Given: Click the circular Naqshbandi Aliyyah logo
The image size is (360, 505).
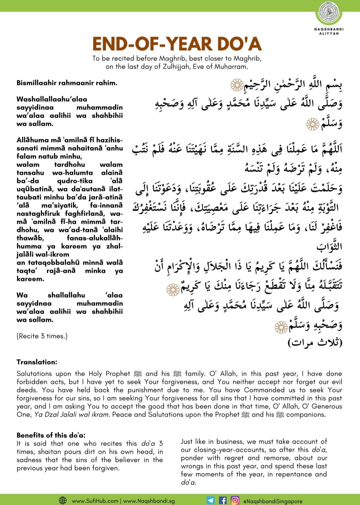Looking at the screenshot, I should point(329,13).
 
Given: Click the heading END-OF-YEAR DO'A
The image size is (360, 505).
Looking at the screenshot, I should point(177,44).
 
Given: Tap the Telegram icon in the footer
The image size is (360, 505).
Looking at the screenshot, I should point(211,500).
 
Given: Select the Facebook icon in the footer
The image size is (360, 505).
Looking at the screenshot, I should point(223,500).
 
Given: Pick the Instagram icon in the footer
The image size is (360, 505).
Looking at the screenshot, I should point(235,500).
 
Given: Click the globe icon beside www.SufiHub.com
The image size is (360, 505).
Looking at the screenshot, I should point(63,500).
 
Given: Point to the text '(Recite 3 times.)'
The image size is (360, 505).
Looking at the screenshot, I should point(42,336).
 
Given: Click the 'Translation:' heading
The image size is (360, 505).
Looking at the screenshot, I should point(37,362).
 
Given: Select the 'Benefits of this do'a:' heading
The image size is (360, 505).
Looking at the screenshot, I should point(51,435).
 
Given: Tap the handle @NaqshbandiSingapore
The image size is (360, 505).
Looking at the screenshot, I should point(273,501).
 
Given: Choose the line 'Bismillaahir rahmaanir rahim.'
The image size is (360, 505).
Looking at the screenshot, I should point(67,83).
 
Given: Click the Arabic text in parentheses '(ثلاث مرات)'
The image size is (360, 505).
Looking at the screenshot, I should point(315,342).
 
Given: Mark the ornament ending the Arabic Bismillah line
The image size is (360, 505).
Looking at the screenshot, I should point(237,85).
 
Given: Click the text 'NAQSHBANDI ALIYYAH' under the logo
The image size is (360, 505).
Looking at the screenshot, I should point(329,31).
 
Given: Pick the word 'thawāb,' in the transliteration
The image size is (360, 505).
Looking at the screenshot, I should point(30,238).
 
